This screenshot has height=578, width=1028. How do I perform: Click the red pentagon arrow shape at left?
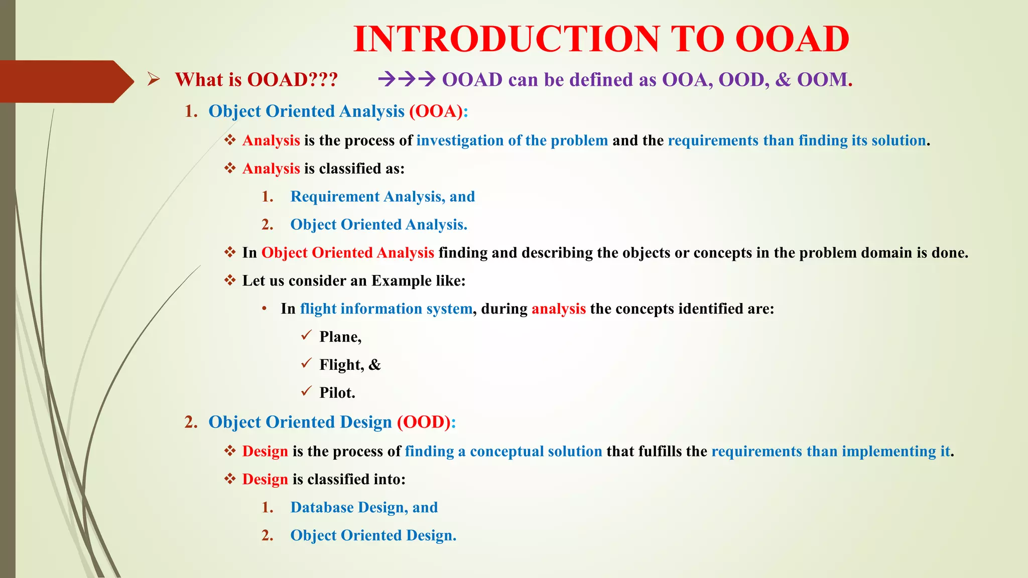click(65, 81)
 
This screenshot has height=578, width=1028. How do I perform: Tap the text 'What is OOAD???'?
click(256, 80)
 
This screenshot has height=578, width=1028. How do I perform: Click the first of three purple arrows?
click(387, 79)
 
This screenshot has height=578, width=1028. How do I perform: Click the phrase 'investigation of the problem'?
click(512, 140)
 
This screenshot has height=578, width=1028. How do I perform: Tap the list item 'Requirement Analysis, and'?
click(382, 197)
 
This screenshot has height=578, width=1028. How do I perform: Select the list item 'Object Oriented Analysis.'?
click(378, 225)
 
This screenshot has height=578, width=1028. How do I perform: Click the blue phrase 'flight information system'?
click(386, 309)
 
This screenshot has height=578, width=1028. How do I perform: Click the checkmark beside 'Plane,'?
click(306, 336)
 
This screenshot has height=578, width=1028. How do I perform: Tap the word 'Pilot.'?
click(337, 393)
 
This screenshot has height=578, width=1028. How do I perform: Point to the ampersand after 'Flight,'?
click(375, 365)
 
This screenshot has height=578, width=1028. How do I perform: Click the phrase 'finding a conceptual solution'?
click(503, 452)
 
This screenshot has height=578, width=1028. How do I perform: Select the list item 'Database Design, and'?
click(364, 508)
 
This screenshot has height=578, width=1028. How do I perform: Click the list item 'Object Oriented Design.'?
click(373, 536)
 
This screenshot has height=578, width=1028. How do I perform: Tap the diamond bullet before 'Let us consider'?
click(230, 280)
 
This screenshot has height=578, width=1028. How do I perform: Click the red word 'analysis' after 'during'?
click(559, 309)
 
